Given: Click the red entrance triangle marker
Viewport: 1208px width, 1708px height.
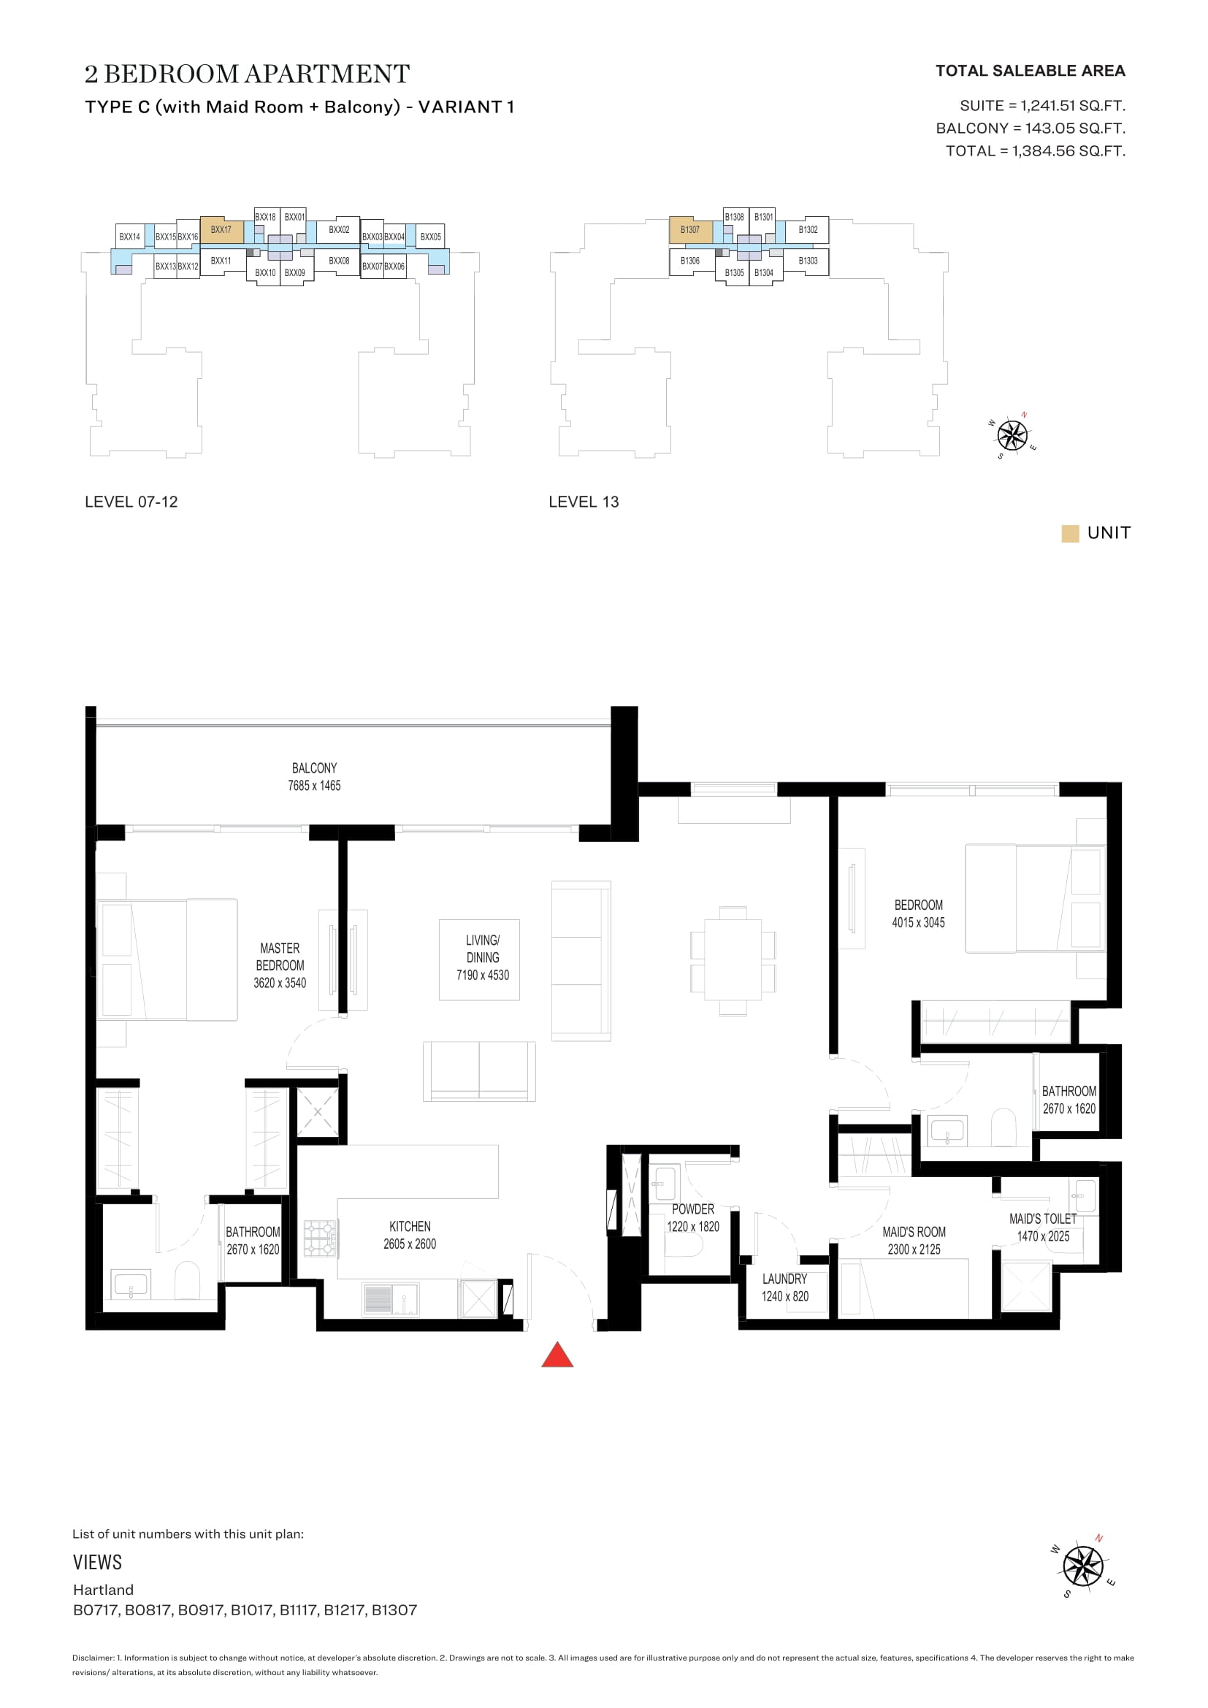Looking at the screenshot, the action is [557, 1355].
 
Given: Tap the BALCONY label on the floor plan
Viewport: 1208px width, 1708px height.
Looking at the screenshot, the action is [314, 767].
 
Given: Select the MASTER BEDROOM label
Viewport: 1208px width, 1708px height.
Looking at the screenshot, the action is [280, 957].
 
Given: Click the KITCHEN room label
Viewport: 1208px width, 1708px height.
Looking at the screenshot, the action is [410, 1226].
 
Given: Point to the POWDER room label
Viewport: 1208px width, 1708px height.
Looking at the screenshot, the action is [692, 1209].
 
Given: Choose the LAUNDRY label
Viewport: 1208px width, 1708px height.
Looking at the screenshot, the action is [784, 1278].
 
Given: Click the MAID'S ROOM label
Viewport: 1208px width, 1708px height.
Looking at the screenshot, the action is [914, 1231].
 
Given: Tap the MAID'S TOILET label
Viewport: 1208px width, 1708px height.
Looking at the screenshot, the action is [1043, 1219].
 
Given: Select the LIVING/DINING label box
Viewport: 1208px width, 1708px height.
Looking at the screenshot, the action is [479, 960].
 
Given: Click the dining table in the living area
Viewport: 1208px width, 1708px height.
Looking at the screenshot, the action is [733, 960].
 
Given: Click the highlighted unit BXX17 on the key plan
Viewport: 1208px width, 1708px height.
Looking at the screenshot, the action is [222, 230].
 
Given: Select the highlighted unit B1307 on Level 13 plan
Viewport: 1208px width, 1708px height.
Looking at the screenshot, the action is [690, 230].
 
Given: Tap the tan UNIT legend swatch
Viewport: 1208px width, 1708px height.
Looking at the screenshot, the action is [1070, 533].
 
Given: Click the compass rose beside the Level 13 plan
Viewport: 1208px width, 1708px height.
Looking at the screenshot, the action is [1012, 434].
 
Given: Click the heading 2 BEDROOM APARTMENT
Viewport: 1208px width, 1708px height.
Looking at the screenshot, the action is [247, 74].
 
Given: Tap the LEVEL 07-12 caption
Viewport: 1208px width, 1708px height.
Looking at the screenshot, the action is [131, 502].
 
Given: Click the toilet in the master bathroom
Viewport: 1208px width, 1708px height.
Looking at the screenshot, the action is [187, 1279].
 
